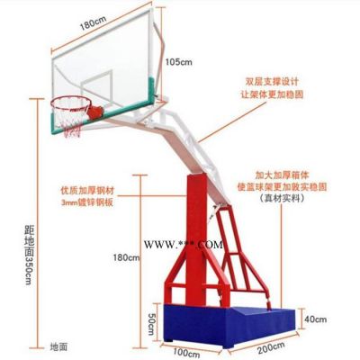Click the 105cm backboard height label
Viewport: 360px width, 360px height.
[x=179, y=62]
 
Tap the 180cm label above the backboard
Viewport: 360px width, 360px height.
[x=93, y=22]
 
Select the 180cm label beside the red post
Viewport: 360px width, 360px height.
[x=127, y=257]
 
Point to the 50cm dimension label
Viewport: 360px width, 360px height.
[x=151, y=325]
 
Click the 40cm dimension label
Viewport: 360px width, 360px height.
[x=316, y=319]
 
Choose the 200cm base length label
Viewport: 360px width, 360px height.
[x=271, y=348]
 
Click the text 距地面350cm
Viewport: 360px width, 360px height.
[x=28, y=255]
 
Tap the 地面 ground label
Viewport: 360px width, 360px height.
[x=58, y=347]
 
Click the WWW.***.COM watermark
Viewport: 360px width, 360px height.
[x=184, y=245]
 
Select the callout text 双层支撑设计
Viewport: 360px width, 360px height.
[x=272, y=82]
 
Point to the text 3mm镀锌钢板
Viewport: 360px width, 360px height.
[x=87, y=202]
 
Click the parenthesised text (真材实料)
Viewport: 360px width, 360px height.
[x=282, y=198]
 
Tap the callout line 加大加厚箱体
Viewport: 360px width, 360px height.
[x=282, y=175]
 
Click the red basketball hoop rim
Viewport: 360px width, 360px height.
[x=71, y=103]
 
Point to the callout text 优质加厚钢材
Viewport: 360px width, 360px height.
[x=87, y=191]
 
